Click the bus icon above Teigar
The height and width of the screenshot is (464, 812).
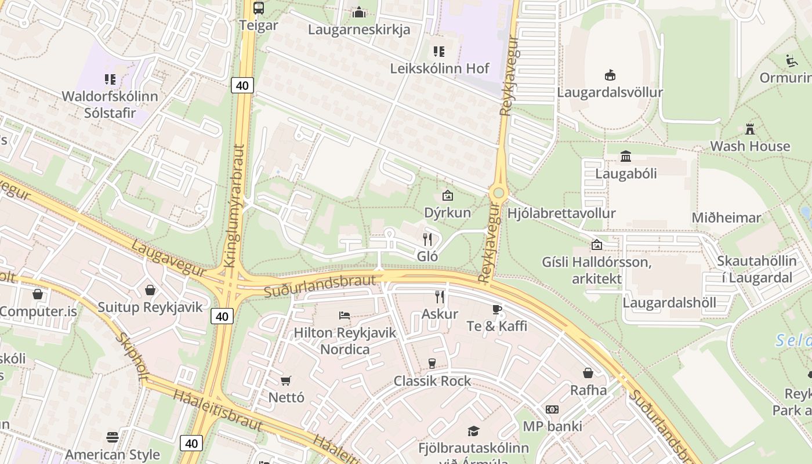pos(259,8)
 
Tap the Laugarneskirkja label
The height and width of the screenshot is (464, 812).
pos(359,29)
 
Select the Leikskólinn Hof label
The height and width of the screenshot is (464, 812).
pos(440,68)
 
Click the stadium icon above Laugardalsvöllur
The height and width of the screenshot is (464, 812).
pos(610,75)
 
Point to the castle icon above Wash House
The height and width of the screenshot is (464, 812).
pos(750,129)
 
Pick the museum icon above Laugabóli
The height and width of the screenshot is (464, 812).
pos(626,156)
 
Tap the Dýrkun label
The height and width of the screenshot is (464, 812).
pos(447,212)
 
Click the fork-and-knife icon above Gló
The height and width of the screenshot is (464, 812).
pos(427,239)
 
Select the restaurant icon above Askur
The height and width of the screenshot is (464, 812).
pos(440,297)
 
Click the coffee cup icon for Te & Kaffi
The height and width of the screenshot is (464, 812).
pos(496,309)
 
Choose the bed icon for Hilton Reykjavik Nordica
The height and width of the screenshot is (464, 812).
pos(345,316)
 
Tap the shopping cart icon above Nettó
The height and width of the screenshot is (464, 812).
pos(285,380)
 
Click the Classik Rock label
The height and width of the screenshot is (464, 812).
pos(432,381)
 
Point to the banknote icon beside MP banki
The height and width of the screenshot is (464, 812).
pos(552,409)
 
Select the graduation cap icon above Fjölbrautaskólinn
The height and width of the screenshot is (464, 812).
pos(473,431)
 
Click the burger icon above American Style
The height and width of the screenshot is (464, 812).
pos(113,437)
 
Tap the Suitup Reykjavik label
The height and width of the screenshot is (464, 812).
pos(150,307)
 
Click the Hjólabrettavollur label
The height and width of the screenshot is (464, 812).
pos(561,213)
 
